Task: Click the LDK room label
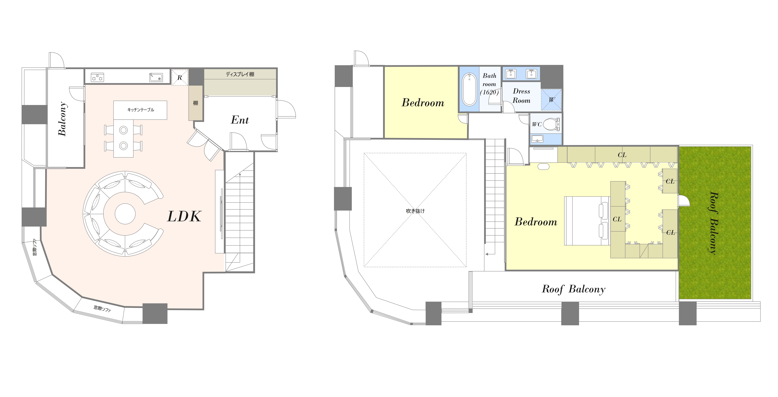(184, 216)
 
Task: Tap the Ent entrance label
(240, 120)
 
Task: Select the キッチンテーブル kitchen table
(140, 110)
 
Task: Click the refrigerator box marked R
(180, 77)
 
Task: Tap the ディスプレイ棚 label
(240, 74)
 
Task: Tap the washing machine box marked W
(551, 99)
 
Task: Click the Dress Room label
(522, 96)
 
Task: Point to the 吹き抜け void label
(415, 211)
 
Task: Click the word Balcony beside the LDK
(63, 119)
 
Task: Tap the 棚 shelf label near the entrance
(196, 103)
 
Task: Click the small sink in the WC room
(537, 139)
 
